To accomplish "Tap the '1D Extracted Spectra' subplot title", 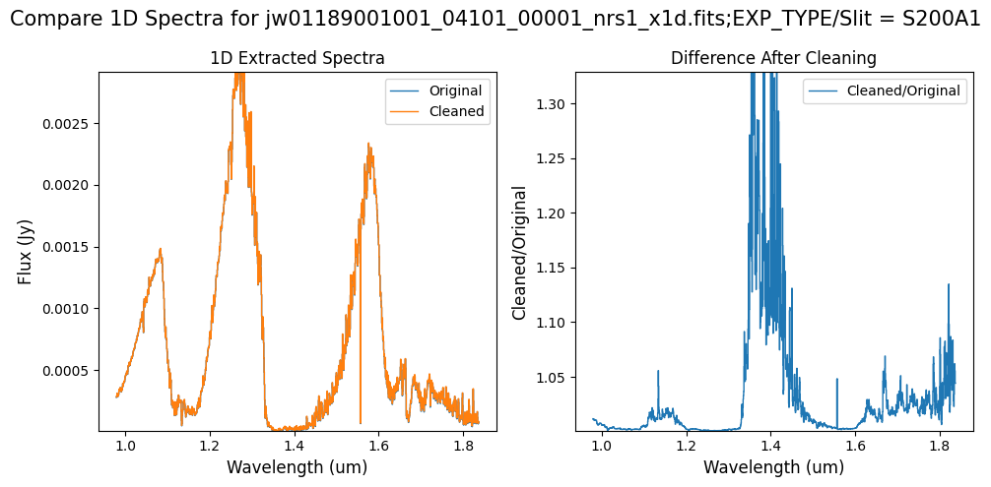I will [297, 58].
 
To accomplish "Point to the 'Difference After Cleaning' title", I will [773, 58].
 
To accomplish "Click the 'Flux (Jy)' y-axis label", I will [26, 251].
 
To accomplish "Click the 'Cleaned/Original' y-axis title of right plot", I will [519, 252].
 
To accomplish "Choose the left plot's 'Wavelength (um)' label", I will [297, 466].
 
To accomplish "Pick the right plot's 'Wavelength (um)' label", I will [773, 466].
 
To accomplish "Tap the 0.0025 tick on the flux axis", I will [68, 124].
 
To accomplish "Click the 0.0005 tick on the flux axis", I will [68, 371].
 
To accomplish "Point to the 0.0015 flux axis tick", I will [68, 247].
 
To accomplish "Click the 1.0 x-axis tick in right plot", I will [601, 445].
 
